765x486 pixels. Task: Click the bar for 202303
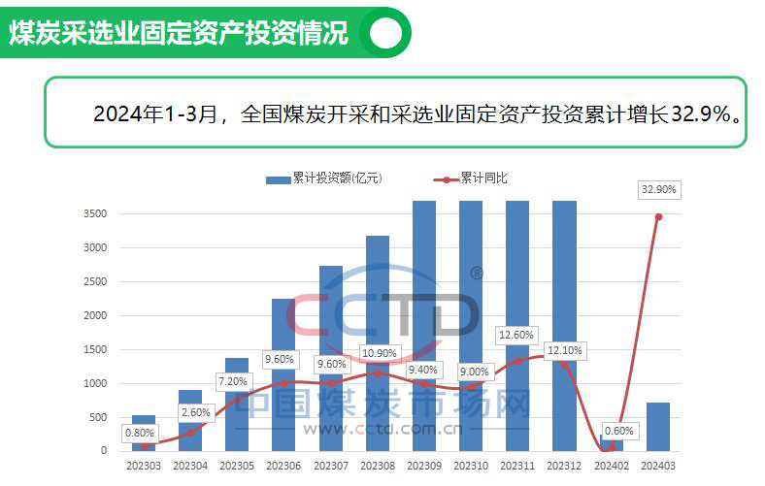tap(144, 433)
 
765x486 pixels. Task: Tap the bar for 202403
tap(657, 427)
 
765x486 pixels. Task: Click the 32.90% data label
tap(658, 189)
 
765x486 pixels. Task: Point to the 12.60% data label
tap(516, 336)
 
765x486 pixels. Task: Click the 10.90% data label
tap(377, 352)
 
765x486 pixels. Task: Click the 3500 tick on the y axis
tap(95, 213)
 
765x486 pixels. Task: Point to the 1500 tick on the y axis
tap(95, 349)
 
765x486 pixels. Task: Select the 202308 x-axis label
tap(378, 467)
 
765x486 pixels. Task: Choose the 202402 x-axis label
tap(611, 467)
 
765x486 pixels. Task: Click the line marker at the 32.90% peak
tap(658, 216)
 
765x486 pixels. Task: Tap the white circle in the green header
tap(386, 33)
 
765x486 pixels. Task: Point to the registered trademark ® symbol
tap(476, 274)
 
